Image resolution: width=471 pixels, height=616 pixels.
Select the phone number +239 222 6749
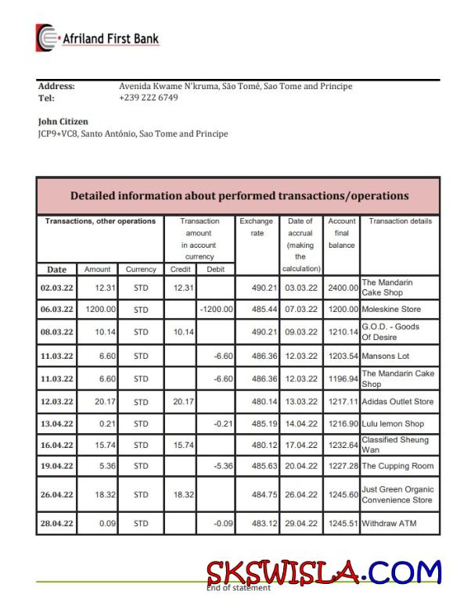[x=148, y=98]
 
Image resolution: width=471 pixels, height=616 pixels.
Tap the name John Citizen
[x=63, y=122]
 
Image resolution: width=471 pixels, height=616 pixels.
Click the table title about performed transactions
[x=239, y=195]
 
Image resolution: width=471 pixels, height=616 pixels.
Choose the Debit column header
[x=215, y=269]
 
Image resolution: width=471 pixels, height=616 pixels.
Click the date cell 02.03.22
[x=56, y=287]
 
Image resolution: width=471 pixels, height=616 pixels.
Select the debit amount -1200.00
[x=216, y=310]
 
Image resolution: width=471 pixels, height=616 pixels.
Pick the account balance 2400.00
[x=343, y=288]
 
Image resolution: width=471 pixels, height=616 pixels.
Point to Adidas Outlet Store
[x=397, y=402]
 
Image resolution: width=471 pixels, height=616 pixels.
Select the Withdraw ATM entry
[x=389, y=523]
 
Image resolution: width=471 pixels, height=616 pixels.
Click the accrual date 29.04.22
[x=301, y=523]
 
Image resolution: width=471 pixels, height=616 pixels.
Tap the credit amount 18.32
[x=182, y=495]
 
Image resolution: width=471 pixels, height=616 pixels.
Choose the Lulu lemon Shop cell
[x=393, y=424]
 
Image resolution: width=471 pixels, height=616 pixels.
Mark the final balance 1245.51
[x=343, y=523]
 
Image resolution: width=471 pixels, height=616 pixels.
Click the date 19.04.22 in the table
[x=56, y=466]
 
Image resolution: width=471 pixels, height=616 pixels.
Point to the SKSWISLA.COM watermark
[x=324, y=572]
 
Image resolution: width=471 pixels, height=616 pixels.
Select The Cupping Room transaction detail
[x=397, y=466]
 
